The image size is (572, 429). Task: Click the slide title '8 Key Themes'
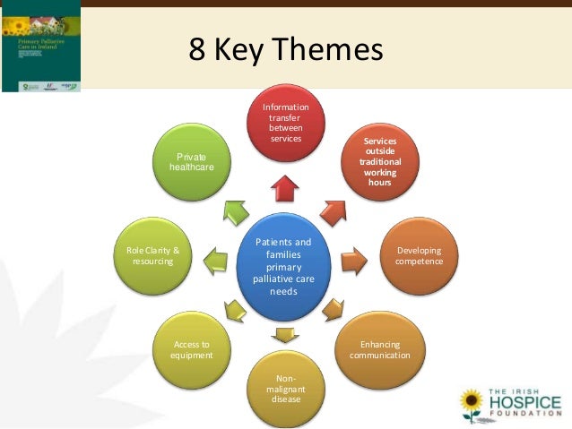click(285, 50)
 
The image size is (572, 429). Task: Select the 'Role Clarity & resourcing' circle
click(153, 256)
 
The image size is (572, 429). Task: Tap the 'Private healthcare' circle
click(191, 162)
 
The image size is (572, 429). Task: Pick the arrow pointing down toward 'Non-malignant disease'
click(286, 336)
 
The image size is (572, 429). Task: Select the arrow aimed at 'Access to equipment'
click(235, 311)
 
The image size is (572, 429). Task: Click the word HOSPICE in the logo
click(524, 404)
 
